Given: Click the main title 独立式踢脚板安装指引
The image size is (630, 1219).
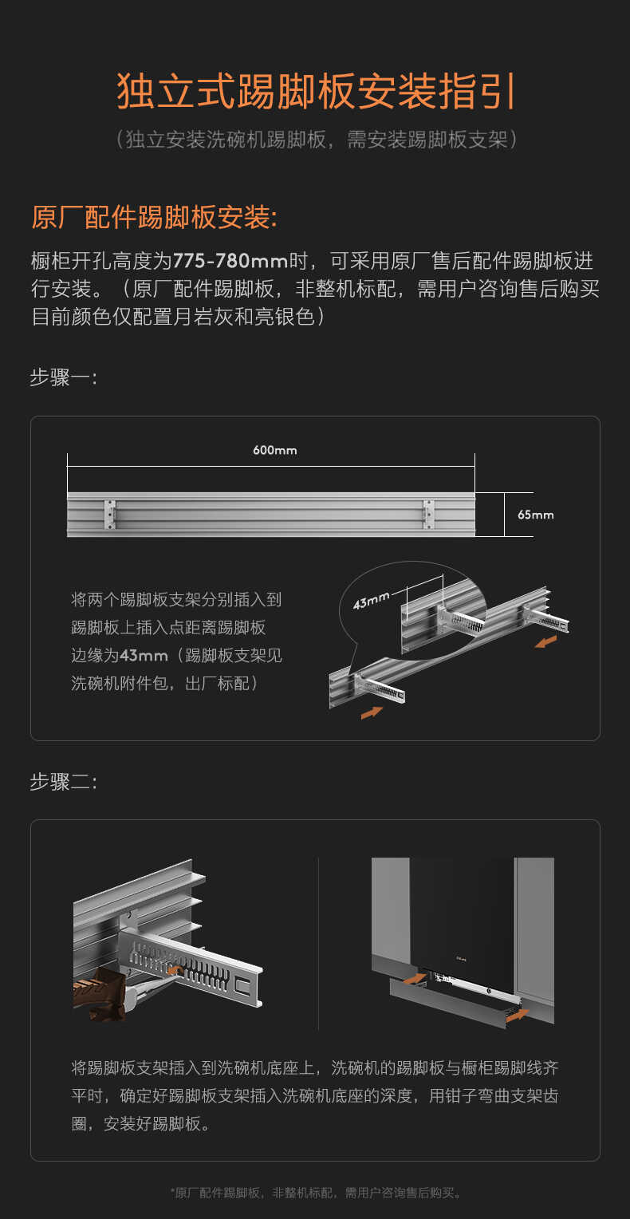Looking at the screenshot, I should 316,92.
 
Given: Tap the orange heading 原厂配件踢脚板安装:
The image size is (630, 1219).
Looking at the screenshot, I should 154,217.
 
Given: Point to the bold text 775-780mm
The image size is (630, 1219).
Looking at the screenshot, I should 230,261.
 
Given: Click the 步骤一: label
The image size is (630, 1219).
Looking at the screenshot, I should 63,377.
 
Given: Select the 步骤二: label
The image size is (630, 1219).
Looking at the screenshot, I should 63,782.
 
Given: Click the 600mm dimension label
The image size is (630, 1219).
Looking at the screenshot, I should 274,450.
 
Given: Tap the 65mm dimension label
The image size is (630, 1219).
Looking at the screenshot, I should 535,515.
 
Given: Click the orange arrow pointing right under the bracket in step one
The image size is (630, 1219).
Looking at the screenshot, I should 372,712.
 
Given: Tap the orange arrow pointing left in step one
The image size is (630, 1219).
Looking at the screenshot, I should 545,641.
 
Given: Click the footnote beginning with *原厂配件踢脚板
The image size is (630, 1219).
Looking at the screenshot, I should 316,1193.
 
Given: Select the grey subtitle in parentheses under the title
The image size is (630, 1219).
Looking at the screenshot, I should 316,140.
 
